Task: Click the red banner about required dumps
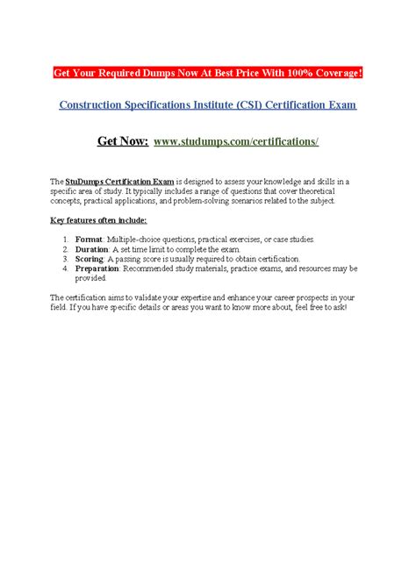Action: pyautogui.click(x=207, y=71)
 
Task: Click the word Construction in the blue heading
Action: pyautogui.click(x=91, y=104)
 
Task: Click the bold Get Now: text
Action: pyautogui.click(x=122, y=140)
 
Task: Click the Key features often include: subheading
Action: pyautogui.click(x=99, y=220)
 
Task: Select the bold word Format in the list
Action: pyautogui.click(x=88, y=240)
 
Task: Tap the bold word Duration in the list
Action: pyautogui.click(x=91, y=249)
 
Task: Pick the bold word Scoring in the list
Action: pyautogui.click(x=90, y=259)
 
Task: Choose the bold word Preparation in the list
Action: pyautogui.click(x=97, y=268)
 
